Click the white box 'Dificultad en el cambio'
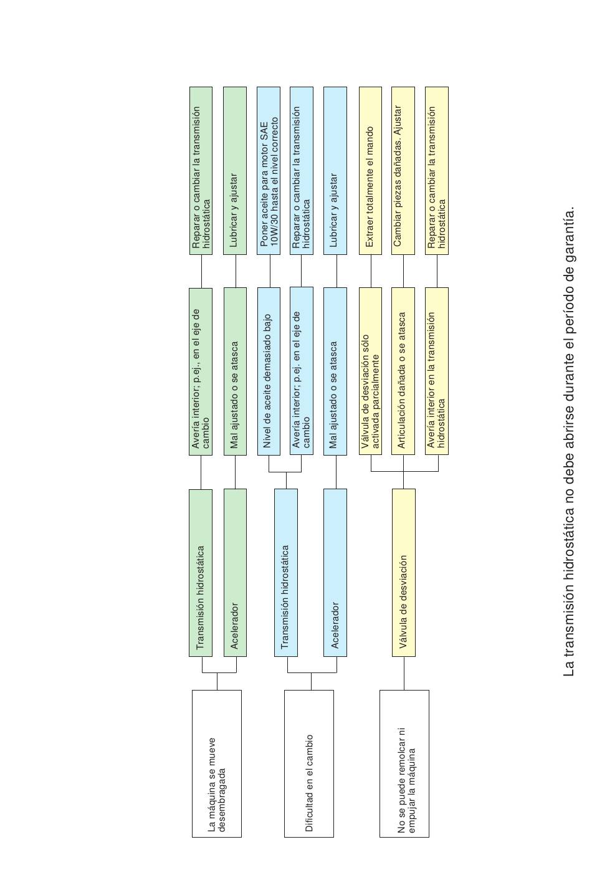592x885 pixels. (x=309, y=763)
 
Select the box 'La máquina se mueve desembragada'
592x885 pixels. (x=216, y=763)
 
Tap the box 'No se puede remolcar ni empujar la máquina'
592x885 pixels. (x=404, y=763)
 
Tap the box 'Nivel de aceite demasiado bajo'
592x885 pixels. (x=269, y=371)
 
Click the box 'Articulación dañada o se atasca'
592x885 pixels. (x=403, y=371)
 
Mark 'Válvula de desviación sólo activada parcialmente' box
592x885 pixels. (x=370, y=371)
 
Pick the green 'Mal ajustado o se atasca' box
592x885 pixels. (x=235, y=371)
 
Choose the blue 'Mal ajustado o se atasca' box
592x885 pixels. (x=335, y=371)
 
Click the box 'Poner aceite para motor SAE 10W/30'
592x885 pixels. (x=269, y=171)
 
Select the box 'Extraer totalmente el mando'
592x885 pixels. (x=370, y=171)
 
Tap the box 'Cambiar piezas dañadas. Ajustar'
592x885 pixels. (x=403, y=171)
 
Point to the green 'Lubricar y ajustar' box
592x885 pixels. (x=235, y=171)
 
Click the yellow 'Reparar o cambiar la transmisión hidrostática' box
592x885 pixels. (x=437, y=171)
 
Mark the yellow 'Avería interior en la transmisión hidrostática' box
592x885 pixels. (x=437, y=371)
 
